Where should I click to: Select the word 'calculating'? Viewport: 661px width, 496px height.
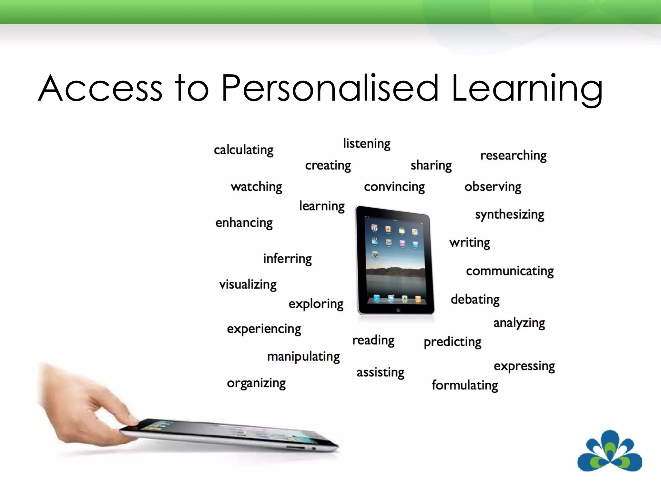pos(243,150)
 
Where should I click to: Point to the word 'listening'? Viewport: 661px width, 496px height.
pos(367,144)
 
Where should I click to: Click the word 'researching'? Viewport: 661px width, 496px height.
pos(513,156)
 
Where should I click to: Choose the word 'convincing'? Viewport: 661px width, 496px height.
pos(394,187)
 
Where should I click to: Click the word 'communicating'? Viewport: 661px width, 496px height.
pos(510,271)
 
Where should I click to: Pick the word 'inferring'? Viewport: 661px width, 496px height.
pos(287,259)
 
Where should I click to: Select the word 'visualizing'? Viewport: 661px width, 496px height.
pos(248,284)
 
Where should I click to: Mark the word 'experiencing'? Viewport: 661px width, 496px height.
pos(264,329)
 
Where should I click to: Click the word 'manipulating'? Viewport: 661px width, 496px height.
pos(303,357)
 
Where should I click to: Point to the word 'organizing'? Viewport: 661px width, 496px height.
pos(256,383)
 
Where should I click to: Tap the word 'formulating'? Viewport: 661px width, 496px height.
pos(465,385)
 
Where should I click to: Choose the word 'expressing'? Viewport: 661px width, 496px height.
pos(524,366)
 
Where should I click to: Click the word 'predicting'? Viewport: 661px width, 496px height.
pos(452,342)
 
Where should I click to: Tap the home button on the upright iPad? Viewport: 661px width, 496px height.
pos(398,310)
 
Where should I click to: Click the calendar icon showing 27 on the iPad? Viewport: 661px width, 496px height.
pos(374,228)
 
